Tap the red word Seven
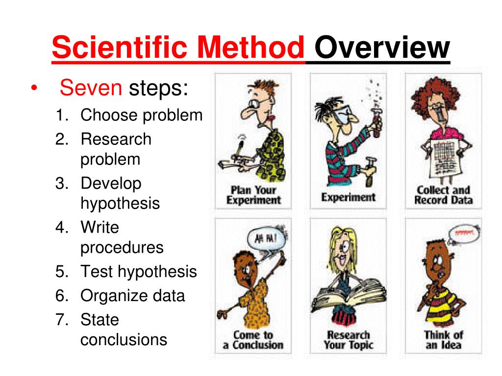(x=90, y=89)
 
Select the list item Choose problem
(x=141, y=116)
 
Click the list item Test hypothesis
(x=138, y=272)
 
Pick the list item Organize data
(x=132, y=296)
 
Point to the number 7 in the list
(x=60, y=320)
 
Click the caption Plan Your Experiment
(x=253, y=195)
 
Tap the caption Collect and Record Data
(x=443, y=195)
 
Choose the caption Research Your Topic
(x=348, y=340)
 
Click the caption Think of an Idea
(x=443, y=340)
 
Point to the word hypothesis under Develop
(x=120, y=203)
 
